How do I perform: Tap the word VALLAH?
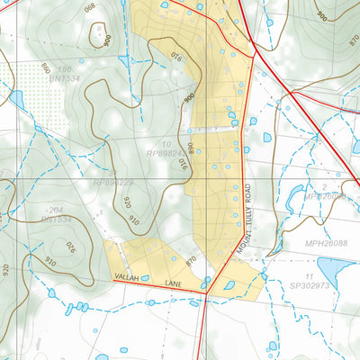coord(130,282)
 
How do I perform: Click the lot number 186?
coord(63,68)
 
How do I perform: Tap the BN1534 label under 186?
coord(65,79)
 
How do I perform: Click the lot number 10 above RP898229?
coord(167,143)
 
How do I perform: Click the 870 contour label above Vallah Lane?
coord(191,260)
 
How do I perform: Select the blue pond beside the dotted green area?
coord(14,98)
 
